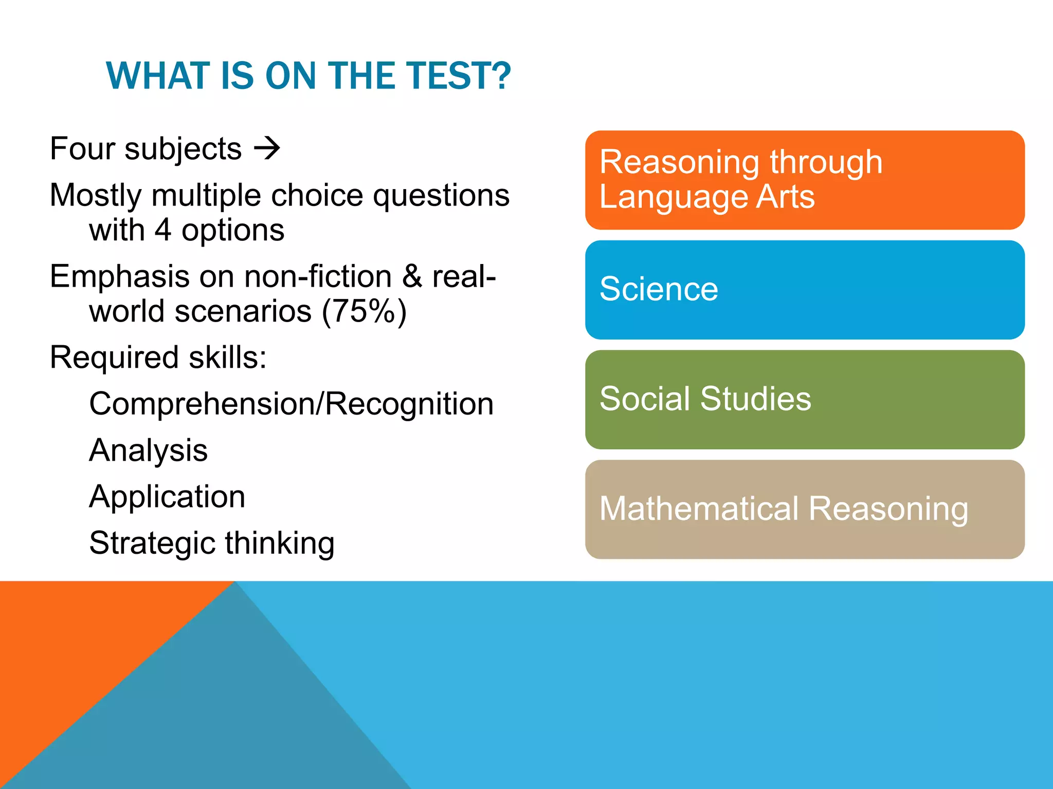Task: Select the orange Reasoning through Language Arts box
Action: click(x=804, y=180)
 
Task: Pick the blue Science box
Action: click(x=804, y=290)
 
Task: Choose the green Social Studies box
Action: click(x=804, y=400)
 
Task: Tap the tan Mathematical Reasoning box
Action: click(x=804, y=509)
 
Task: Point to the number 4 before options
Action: click(x=163, y=230)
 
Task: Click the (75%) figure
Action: click(x=364, y=311)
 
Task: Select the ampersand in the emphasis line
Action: click(x=412, y=276)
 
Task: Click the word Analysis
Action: click(x=148, y=450)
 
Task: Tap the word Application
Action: click(x=167, y=497)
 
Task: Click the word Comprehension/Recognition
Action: click(x=291, y=404)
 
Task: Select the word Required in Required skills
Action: click(x=115, y=358)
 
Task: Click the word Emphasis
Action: click(x=120, y=276)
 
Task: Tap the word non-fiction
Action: click(x=318, y=276)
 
